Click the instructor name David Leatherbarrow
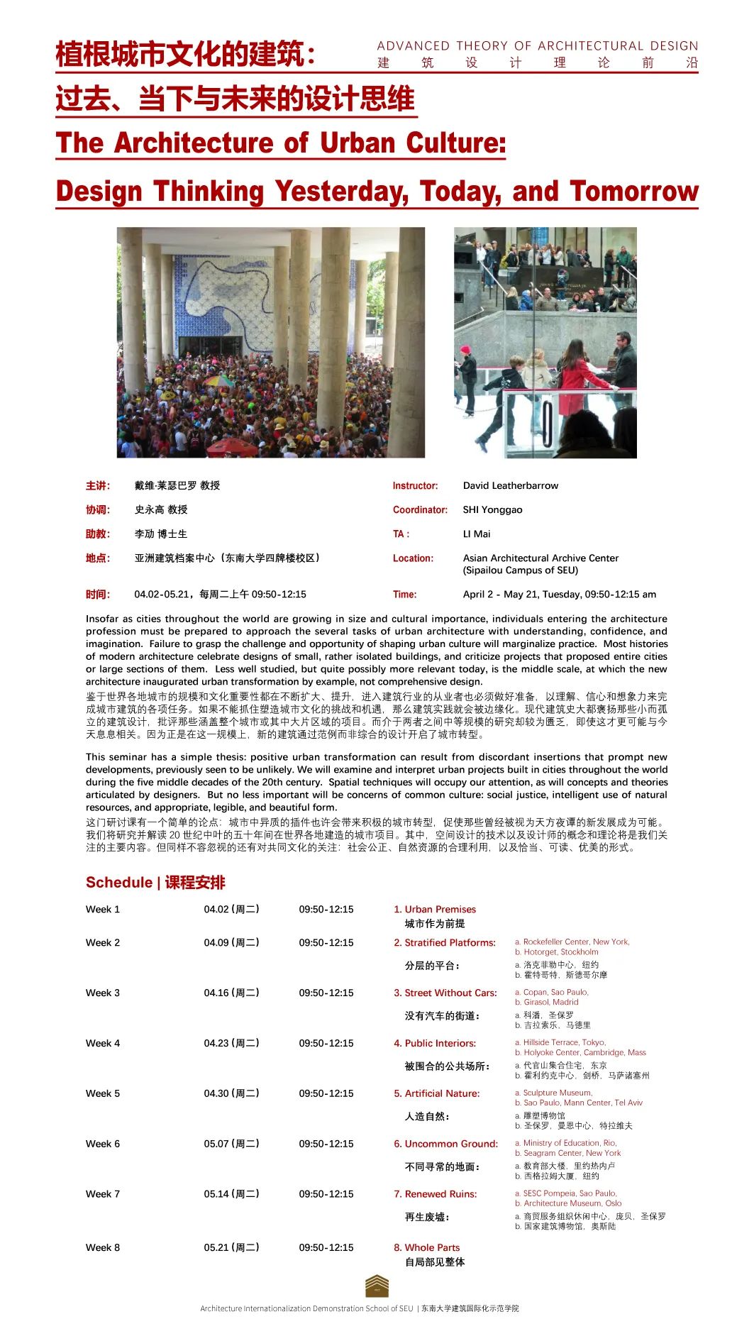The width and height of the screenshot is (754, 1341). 510,486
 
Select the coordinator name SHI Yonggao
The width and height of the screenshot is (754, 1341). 492,510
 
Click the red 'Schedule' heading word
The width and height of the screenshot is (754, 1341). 118,883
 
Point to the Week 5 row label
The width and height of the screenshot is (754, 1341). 103,1093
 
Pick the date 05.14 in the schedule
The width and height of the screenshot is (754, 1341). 216,1194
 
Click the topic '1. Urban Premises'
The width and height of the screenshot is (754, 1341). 435,910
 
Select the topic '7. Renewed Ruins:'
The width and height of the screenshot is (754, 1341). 435,1194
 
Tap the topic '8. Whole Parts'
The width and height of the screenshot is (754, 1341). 426,1247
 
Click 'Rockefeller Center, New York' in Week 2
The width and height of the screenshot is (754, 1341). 575,942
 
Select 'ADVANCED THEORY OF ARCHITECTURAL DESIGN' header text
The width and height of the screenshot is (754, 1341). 538,46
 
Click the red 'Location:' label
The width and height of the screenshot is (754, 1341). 413,558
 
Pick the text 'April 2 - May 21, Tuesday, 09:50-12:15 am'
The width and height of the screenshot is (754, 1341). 559,595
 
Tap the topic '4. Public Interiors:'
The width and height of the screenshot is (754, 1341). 435,1043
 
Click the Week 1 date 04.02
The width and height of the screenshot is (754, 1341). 216,910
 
